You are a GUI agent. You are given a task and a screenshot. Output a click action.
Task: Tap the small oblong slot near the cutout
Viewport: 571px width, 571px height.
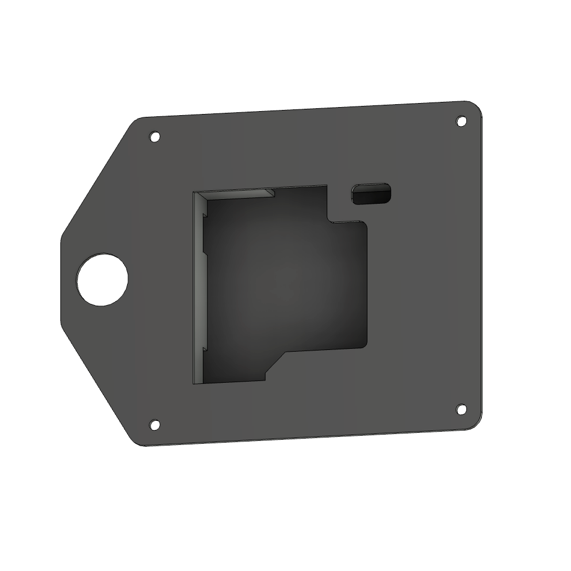point(371,194)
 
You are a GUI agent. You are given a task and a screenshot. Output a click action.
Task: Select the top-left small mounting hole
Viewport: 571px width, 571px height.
point(154,137)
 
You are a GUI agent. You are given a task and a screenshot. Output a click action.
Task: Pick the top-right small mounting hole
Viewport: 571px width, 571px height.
point(461,121)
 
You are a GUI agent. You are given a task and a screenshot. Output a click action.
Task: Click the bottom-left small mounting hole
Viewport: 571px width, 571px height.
point(154,425)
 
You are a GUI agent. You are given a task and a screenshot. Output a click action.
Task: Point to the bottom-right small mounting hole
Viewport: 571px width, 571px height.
point(461,409)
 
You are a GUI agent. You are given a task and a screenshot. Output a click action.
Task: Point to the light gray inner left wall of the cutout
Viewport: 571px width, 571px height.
point(198,288)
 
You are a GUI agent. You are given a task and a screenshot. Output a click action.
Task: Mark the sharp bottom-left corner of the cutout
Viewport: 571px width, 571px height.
point(194,384)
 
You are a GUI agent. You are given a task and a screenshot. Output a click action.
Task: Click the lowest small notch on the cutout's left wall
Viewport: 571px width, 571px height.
point(204,348)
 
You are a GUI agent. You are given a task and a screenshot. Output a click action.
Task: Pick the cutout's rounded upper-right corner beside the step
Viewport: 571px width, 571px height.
point(363,225)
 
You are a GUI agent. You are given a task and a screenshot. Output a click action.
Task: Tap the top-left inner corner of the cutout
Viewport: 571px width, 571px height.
point(195,192)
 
